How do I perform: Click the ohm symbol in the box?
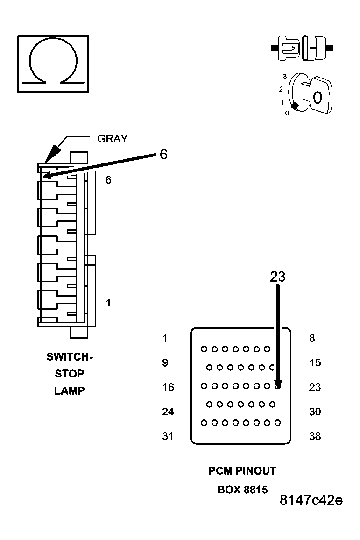(53, 64)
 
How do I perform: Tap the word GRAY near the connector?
(112, 139)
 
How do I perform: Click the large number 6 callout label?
(163, 155)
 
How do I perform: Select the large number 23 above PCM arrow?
(278, 277)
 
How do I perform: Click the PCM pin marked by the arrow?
(278, 386)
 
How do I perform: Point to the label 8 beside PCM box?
(312, 339)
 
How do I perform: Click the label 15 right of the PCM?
(315, 363)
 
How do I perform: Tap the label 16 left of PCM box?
(168, 387)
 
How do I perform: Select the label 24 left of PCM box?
(168, 412)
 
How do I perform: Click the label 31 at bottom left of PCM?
(168, 436)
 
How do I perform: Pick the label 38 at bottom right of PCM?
(315, 436)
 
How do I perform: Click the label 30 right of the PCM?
(315, 412)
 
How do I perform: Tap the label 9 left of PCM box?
(165, 363)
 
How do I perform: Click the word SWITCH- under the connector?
(70, 357)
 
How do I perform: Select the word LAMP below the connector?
(70, 391)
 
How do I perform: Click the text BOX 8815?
(242, 490)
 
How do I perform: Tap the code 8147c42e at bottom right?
(311, 500)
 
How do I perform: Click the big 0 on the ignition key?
(318, 98)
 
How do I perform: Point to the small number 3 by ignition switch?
(284, 76)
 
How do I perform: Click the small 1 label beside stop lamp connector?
(108, 303)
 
